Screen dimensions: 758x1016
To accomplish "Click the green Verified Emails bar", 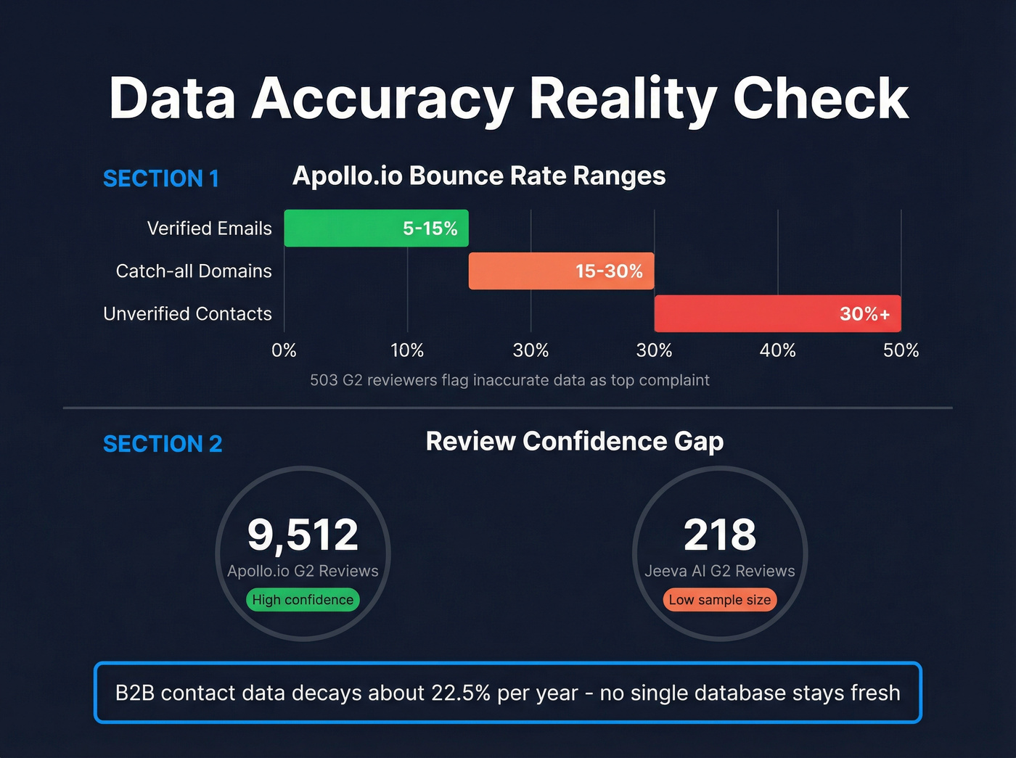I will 376,228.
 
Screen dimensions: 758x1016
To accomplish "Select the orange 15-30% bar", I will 561,271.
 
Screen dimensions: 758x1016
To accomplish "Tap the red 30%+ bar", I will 777,313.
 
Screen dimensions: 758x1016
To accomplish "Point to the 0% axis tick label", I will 284,350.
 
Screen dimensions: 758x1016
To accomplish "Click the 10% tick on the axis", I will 407,350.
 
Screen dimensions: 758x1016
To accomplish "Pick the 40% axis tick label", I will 777,350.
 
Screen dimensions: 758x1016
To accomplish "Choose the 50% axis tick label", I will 901,350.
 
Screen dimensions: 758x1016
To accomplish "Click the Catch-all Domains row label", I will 194,271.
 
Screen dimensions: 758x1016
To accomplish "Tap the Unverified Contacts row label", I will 187,313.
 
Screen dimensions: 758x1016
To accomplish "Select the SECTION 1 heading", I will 161,178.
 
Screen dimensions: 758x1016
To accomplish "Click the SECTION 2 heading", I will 163,444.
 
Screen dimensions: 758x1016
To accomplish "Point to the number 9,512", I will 303,535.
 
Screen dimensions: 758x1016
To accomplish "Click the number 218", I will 720,535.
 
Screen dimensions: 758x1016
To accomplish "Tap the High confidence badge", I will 303,600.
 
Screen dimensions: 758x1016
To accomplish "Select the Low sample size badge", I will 720,600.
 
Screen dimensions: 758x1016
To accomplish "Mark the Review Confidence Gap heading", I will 575,441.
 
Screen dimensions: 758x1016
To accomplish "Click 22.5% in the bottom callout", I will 461,693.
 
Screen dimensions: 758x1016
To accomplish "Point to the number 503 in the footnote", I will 323,380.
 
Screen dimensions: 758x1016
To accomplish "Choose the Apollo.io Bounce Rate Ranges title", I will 479,176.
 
